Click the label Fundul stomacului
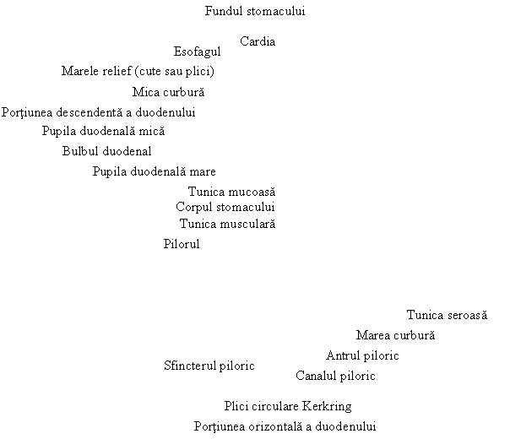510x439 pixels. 255,11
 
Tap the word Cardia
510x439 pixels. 258,41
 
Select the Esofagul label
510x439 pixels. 197,51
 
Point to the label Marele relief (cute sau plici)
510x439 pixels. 138,71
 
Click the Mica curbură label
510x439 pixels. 169,92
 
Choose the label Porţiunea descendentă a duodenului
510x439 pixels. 98,112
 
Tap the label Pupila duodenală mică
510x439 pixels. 103,132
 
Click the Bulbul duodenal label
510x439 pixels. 106,151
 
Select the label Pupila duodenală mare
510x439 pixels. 155,171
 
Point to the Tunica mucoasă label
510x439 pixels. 231,192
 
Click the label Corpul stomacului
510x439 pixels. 225,207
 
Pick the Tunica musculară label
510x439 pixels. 227,224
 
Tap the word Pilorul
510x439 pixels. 182,244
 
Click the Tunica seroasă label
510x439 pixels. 447,315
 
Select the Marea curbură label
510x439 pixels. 395,335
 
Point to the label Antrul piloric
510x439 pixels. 362,355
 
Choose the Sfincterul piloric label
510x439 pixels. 209,366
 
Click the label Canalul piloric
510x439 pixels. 335,376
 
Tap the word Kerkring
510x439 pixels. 327,406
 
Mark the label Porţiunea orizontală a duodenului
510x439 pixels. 285,426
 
